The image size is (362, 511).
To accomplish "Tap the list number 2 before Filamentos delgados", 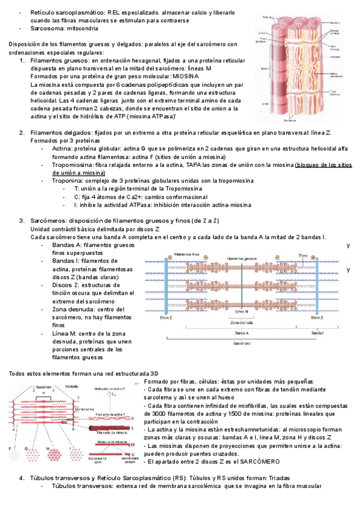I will click(22, 133).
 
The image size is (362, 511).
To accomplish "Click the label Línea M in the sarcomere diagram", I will click(241, 311).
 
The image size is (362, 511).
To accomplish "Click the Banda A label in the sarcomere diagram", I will click(241, 332).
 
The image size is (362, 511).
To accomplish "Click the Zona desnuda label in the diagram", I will click(241, 322).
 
